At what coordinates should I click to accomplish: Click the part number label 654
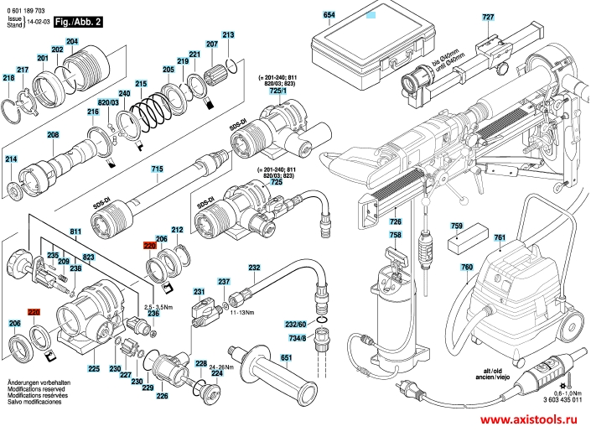[329, 16]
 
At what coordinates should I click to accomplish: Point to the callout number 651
[286, 358]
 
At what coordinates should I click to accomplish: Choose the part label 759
[457, 226]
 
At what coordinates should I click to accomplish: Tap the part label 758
[396, 235]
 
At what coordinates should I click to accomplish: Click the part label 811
[75, 232]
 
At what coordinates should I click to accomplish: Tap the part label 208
[53, 136]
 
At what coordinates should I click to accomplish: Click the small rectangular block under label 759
[463, 244]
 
